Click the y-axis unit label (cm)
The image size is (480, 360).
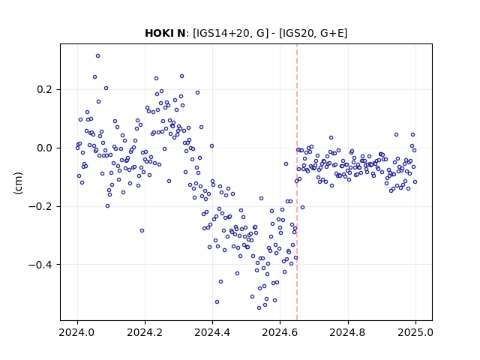pos(18,183)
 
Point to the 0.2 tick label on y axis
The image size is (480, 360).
pos(44,90)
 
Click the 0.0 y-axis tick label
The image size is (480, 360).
pos(44,148)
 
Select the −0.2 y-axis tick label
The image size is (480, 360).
pos(40,207)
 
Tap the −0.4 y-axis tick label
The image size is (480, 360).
pos(40,265)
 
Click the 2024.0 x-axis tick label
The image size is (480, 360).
pos(77,332)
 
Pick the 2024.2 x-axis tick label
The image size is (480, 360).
pos(145,332)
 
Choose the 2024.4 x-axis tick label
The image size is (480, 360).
pos(212,332)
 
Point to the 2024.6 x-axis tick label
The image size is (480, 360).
pos(280,332)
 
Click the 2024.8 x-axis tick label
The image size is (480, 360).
pos(347,332)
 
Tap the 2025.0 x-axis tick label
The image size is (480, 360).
pos(415,332)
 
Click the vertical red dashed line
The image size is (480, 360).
pos(297,182)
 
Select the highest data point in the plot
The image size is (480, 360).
pos(97,56)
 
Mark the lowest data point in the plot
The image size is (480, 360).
pos(259,307)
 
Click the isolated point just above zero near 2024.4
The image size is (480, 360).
pos(211,146)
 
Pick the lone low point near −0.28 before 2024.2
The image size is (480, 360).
pos(142,230)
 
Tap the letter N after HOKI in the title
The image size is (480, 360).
pos(181,33)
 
